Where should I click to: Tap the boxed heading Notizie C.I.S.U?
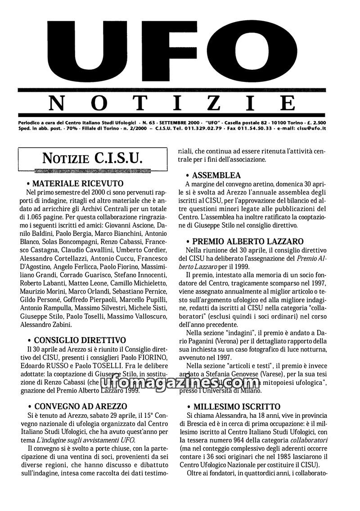pyautogui.click(x=92, y=158)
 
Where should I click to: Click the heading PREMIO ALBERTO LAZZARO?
pyautogui.click(x=247, y=241)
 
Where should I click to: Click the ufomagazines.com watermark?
pyautogui.click(x=180, y=384)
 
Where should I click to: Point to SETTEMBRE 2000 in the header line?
pyautogui.click(x=180, y=122)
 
